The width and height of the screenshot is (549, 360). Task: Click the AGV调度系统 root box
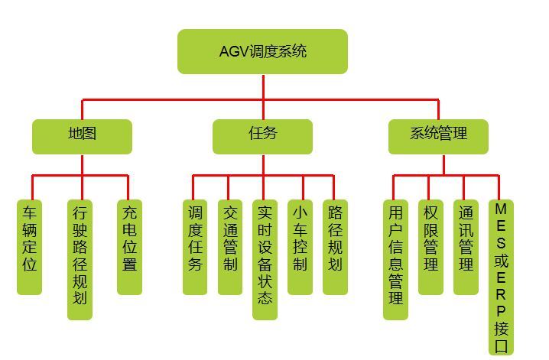[262, 51]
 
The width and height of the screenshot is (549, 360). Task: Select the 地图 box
[82, 136]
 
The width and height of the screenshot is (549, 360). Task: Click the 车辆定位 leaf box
[29, 246]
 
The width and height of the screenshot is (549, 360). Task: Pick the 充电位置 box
[129, 246]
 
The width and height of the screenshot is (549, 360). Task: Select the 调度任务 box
[194, 246]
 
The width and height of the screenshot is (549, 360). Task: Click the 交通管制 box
[229, 246]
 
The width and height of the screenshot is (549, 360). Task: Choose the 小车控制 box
[300, 246]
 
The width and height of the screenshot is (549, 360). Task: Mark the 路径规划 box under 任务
[335, 246]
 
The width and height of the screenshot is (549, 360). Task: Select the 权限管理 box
[430, 246]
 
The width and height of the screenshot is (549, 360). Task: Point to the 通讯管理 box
[466, 246]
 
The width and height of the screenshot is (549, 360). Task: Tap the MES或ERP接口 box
[501, 277]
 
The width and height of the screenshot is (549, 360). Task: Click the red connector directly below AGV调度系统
[262, 86]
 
